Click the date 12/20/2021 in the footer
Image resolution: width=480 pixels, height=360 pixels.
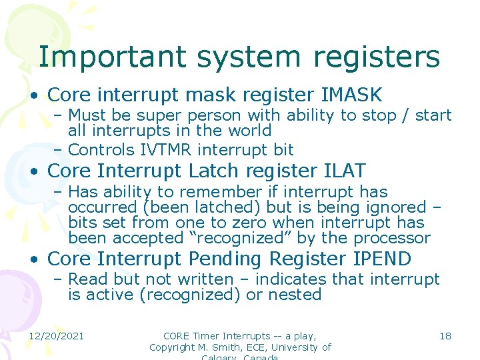56,335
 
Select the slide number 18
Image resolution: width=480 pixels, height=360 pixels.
445,335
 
